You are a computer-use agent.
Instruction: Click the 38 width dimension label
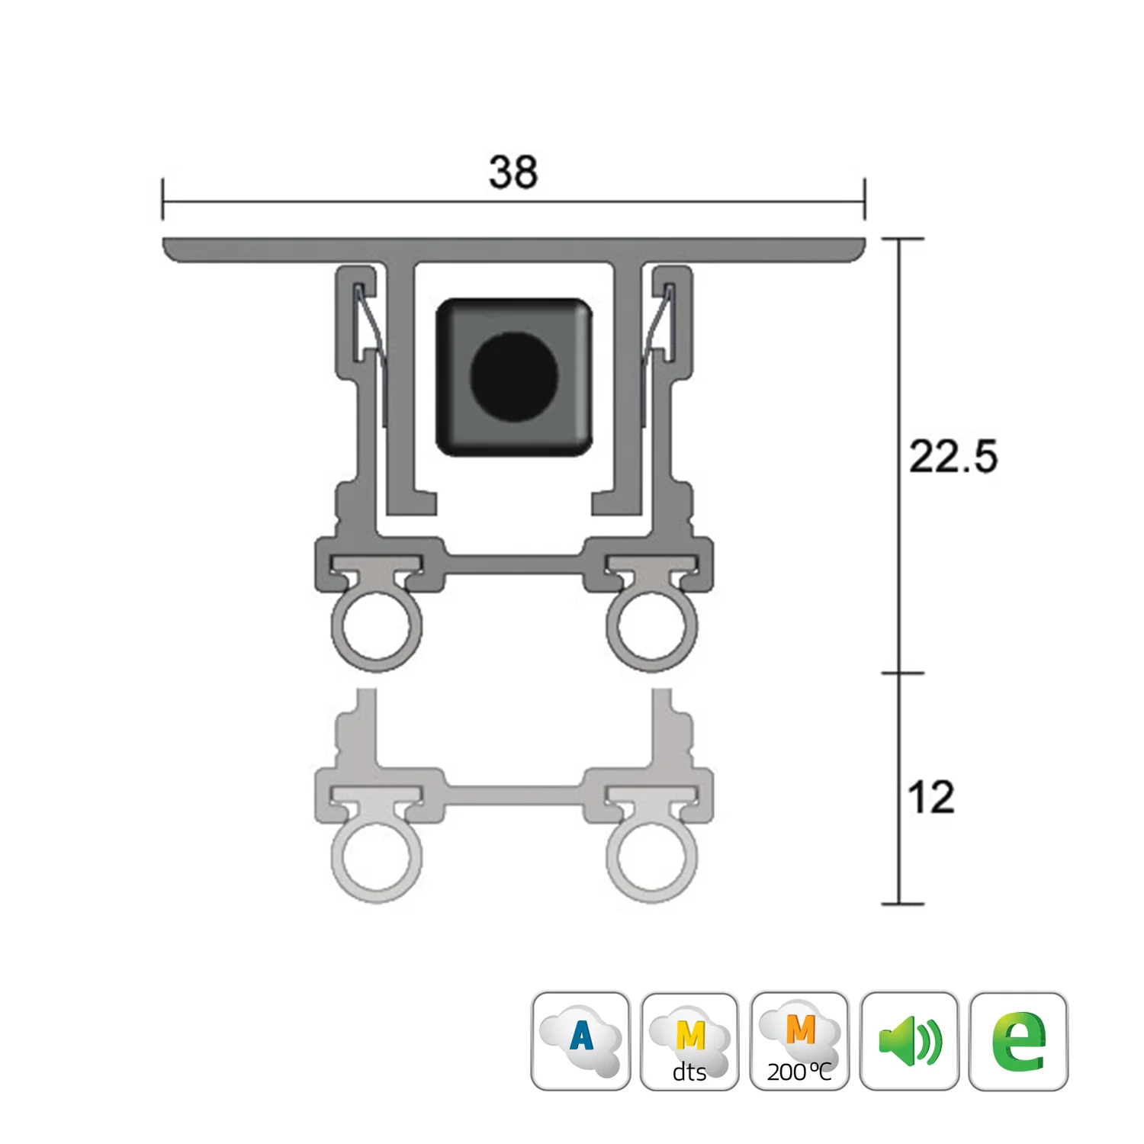pos(513,172)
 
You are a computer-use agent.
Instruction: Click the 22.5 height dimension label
pos(953,457)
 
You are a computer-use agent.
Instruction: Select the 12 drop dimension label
pos(931,797)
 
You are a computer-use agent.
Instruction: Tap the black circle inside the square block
pos(514,376)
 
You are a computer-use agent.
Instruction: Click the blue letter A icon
pos(581,1041)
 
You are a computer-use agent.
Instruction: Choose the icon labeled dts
pos(689,1041)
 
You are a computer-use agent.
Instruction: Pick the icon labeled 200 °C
pos(799,1041)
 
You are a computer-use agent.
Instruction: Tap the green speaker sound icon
pos(909,1041)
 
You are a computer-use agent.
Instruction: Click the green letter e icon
pos(1019,1041)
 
